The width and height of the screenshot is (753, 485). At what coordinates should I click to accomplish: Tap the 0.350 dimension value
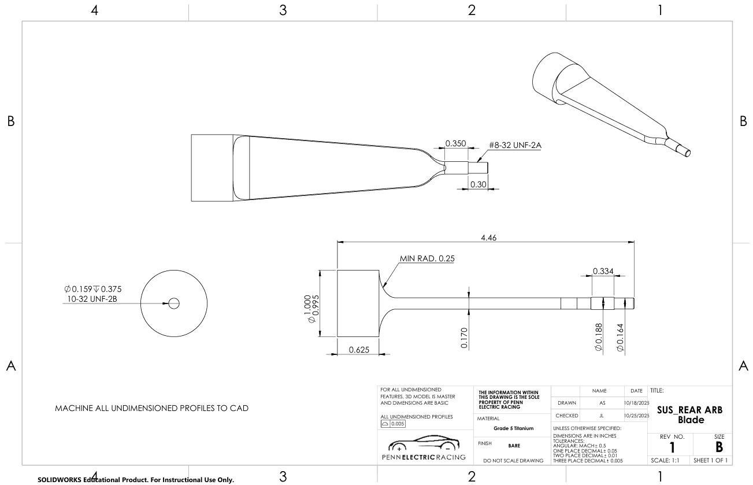point(455,143)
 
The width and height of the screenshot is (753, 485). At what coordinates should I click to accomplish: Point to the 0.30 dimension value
point(477,184)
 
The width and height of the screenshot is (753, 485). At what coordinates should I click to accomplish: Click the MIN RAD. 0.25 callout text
point(426,258)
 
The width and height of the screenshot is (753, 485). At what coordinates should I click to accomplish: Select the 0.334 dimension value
point(603,271)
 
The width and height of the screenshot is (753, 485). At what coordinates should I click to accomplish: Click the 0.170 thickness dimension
point(465,338)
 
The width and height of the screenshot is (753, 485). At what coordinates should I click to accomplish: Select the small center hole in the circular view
point(174,303)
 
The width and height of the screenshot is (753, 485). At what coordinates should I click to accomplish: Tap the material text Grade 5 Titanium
point(509,428)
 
